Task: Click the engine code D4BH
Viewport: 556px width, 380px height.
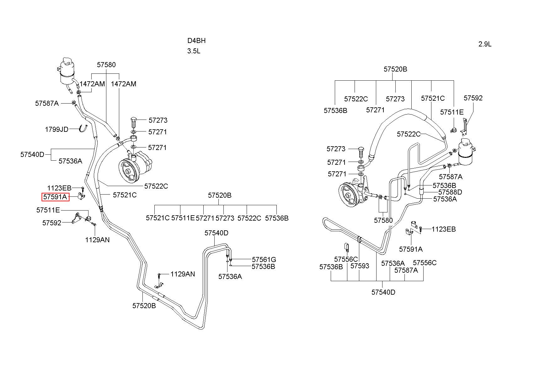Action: (196, 40)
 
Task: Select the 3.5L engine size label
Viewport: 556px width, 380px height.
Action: (194, 51)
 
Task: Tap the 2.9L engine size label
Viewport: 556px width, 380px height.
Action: (485, 44)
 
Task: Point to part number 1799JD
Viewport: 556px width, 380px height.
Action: (56, 129)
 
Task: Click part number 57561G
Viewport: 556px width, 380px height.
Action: (264, 260)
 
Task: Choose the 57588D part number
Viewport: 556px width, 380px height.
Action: (450, 192)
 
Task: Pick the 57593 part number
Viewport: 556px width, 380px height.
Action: (360, 266)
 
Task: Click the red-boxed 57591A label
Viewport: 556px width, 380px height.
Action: (56, 197)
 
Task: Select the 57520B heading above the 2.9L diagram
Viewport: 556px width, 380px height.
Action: (395, 69)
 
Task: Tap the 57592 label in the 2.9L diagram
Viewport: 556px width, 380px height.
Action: (473, 98)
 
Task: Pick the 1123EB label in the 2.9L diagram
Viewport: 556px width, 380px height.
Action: (444, 229)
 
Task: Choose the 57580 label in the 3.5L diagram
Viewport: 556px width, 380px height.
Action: (106, 65)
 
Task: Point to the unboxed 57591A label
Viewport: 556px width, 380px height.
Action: (411, 249)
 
